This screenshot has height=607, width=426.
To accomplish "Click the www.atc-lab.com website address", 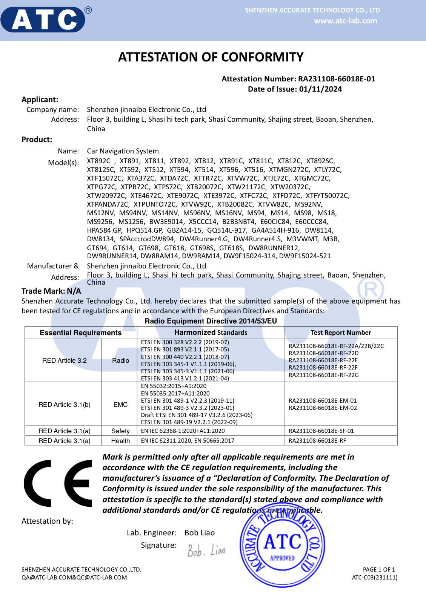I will pyautogui.click(x=345, y=21).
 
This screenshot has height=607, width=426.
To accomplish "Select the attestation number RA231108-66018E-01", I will pyautogui.click(x=337, y=79).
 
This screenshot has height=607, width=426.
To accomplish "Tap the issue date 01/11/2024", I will pyautogui.click(x=320, y=89).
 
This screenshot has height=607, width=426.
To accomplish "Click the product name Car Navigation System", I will pyautogui.click(x=123, y=151).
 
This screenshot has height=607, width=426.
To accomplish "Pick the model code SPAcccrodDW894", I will pyautogui.click(x=147, y=239).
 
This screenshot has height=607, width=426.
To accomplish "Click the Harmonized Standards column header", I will pyautogui.click(x=211, y=332).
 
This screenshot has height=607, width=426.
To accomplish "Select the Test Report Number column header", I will pyautogui.click(x=341, y=333).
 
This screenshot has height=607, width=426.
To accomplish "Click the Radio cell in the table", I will pyautogui.click(x=120, y=360).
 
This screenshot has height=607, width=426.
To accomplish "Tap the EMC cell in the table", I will pyautogui.click(x=120, y=405).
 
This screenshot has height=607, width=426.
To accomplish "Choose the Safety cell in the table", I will pyautogui.click(x=120, y=431).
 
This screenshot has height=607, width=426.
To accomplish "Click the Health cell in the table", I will pyautogui.click(x=120, y=441).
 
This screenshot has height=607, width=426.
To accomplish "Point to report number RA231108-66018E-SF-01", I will pyautogui.click(x=321, y=431).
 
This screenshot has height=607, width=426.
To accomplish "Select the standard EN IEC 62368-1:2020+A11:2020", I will pyautogui.click(x=183, y=431).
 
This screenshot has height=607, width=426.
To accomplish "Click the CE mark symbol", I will pyautogui.click(x=58, y=483).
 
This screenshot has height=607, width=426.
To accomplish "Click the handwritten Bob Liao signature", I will pyautogui.click(x=206, y=550).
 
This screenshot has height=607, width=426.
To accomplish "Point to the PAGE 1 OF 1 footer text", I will pyautogui.click(x=378, y=569).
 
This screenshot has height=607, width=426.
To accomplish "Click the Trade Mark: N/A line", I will pyautogui.click(x=51, y=291).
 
